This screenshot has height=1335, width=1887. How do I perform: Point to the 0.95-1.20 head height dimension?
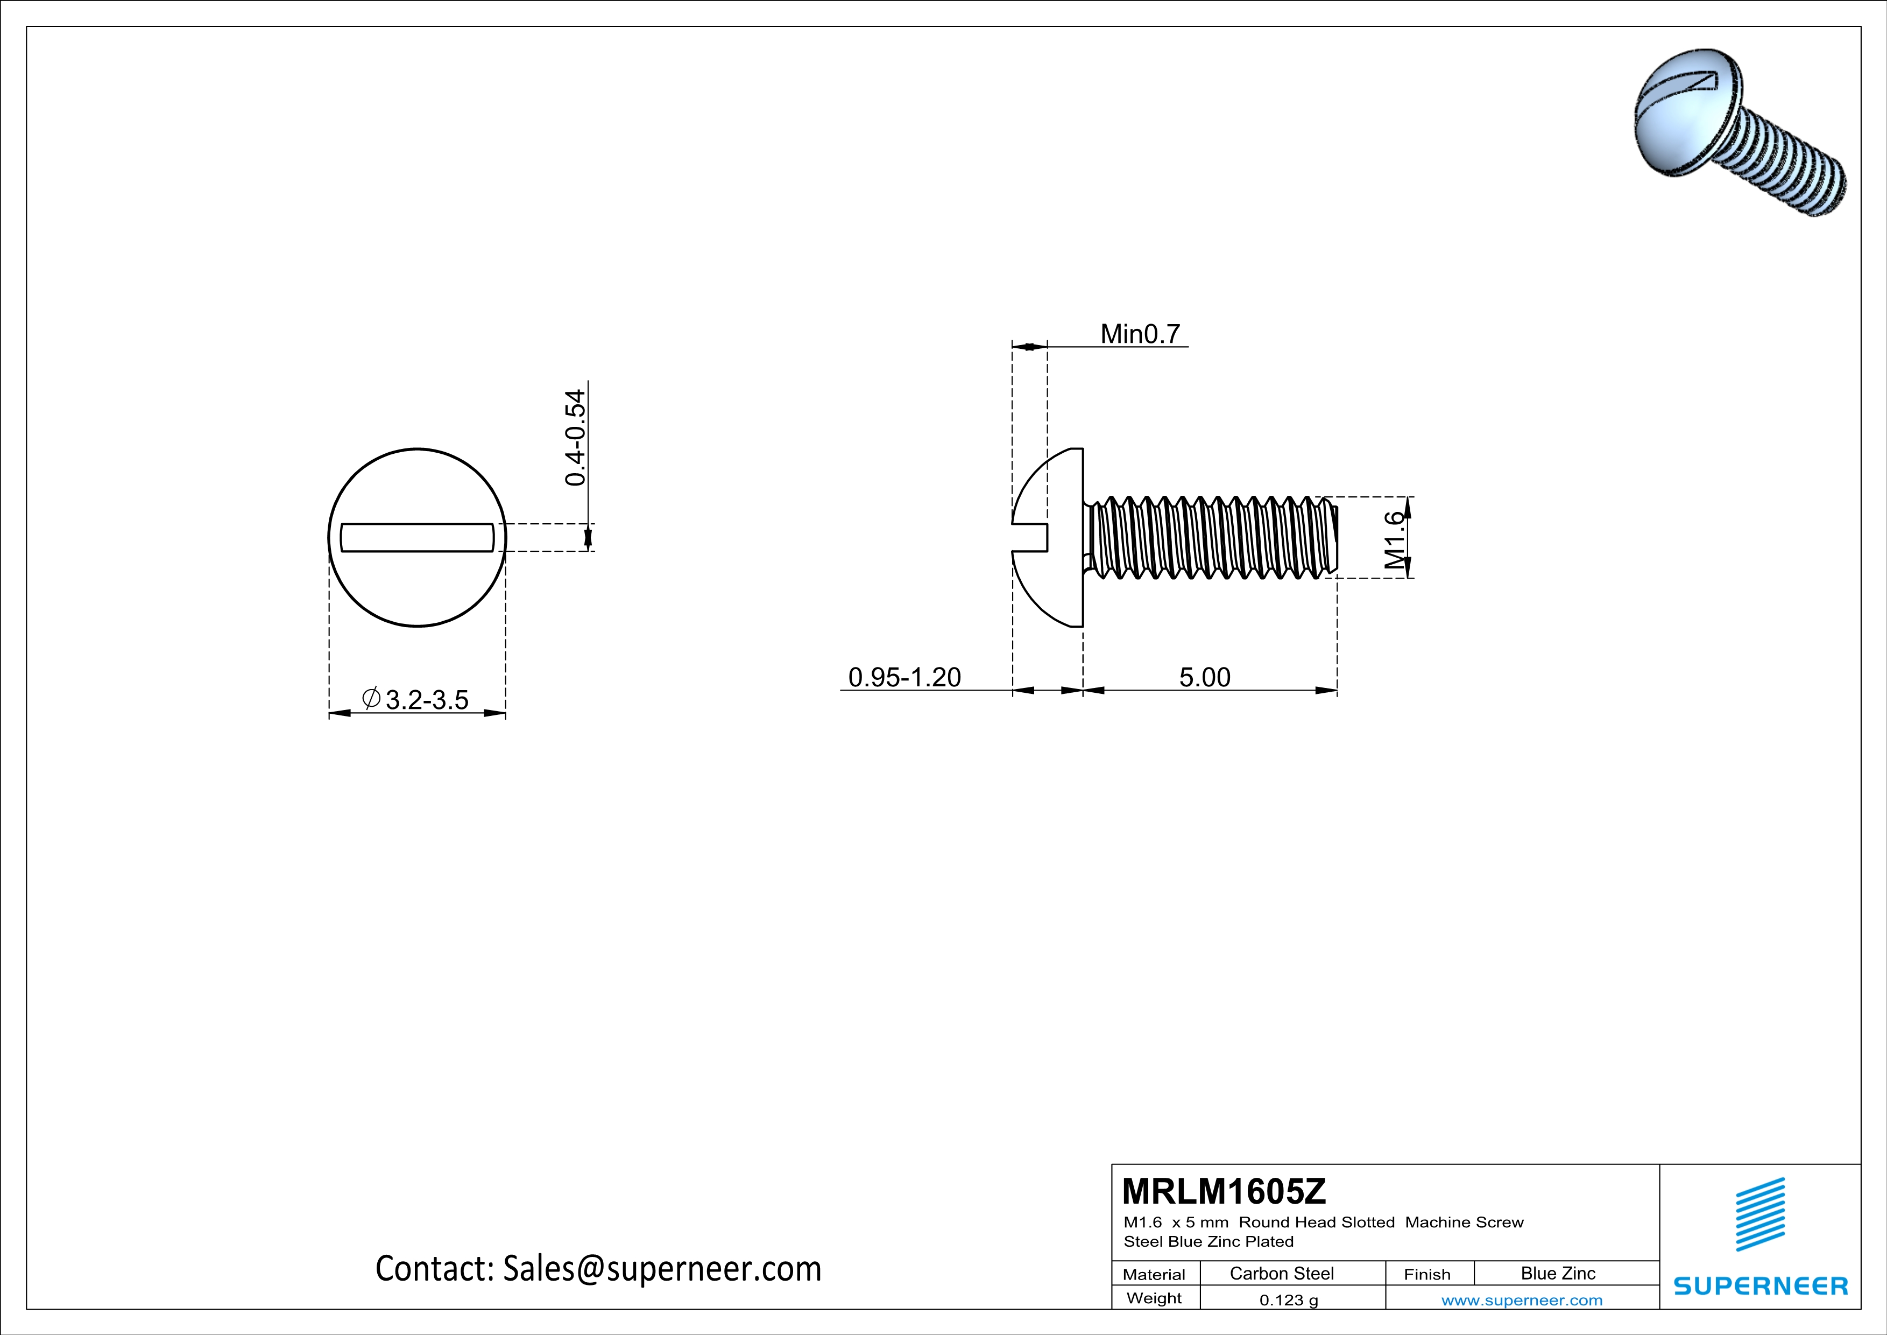pyautogui.click(x=904, y=677)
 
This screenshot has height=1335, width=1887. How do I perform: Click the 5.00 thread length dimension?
pyautogui.click(x=1204, y=677)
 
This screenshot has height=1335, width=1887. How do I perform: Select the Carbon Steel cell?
pyautogui.click(x=1281, y=1273)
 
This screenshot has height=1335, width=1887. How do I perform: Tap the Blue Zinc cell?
pyautogui.click(x=1557, y=1273)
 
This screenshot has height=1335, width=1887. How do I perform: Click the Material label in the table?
pyautogui.click(x=1154, y=1274)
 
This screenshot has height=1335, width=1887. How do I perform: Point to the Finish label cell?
pyautogui.click(x=1427, y=1274)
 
